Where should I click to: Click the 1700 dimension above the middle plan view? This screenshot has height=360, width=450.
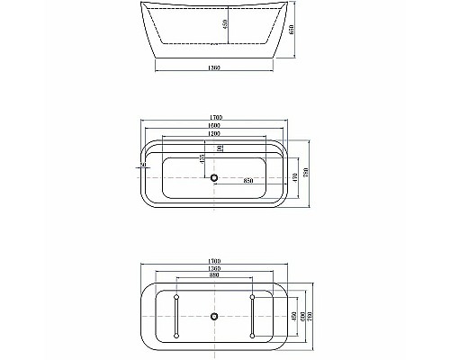pyautogui.click(x=214, y=121)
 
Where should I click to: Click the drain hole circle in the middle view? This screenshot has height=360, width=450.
pyautogui.click(x=214, y=177)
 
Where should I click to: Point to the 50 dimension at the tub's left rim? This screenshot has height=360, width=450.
pyautogui.click(x=143, y=165)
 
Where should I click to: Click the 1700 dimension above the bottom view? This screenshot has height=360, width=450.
pyautogui.click(x=214, y=262)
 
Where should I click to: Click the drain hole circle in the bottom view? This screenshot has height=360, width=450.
pyautogui.click(x=214, y=317)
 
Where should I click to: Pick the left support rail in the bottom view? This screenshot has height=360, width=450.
pyautogui.click(x=176, y=317)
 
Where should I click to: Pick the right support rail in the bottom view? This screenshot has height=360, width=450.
pyautogui.click(x=253, y=317)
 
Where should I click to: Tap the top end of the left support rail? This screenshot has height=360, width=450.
pyautogui.click(x=176, y=296)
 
